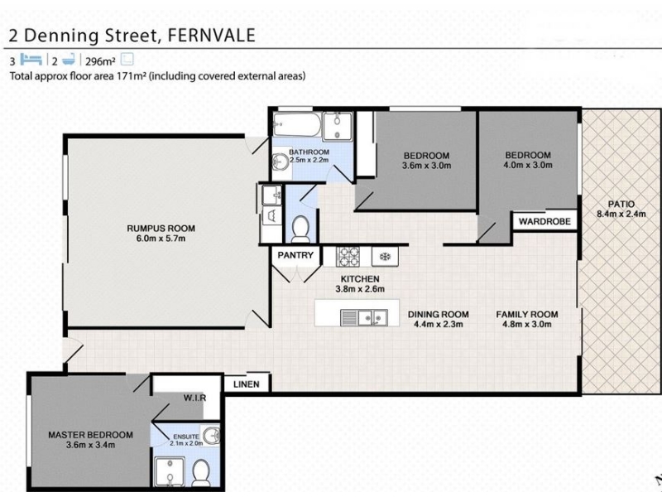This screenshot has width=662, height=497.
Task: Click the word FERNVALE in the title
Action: point(212,35)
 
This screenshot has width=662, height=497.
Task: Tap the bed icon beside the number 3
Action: point(31,60)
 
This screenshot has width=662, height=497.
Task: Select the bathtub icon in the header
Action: point(69,60)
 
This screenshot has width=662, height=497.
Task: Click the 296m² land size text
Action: point(100,61)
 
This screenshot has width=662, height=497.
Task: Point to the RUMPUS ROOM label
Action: point(161,229)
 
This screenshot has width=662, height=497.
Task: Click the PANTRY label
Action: point(295,255)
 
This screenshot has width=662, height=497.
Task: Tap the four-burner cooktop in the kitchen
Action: point(348,257)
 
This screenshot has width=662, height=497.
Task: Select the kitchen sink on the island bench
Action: point(364,317)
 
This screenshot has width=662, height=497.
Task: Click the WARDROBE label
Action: point(544,221)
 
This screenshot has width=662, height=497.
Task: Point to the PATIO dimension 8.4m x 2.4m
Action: point(621,214)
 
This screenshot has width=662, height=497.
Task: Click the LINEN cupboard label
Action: point(246,384)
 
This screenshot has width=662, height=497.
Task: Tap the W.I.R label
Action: point(194,398)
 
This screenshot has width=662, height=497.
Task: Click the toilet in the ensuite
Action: point(201,473)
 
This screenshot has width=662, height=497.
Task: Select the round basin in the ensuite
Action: point(211,435)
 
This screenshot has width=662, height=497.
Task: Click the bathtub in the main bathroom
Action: point(297,125)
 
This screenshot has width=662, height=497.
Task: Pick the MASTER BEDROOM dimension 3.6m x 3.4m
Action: point(90,445)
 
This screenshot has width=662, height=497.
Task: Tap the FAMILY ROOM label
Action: point(527,315)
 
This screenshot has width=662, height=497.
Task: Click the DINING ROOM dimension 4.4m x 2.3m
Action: point(439,324)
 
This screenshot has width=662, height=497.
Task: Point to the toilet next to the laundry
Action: point(300,229)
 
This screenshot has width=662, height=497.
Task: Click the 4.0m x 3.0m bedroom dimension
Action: point(528,165)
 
